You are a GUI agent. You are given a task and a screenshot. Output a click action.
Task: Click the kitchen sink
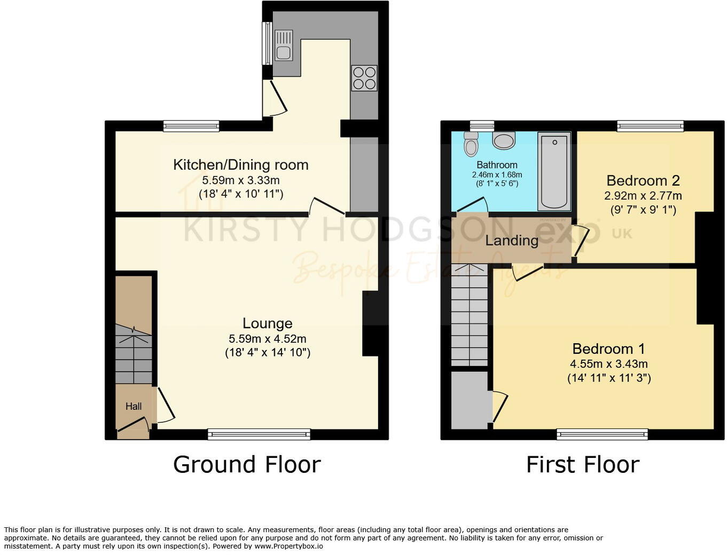[284, 45]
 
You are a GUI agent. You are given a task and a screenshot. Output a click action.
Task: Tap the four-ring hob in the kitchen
[364, 78]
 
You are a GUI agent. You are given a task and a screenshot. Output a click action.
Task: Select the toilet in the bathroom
[471, 144]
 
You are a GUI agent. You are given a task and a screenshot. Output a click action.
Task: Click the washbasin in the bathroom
[504, 140]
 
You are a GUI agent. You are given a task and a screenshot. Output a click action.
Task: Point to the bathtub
[554, 171]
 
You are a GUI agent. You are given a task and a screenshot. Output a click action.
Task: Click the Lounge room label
[267, 323]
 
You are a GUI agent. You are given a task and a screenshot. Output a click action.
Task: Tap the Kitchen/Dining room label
[240, 165]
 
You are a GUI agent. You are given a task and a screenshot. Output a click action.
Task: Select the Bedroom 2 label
[643, 180]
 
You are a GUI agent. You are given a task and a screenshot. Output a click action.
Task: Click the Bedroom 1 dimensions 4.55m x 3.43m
[609, 364]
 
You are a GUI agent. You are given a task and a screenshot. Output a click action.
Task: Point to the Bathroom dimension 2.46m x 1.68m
[497, 175]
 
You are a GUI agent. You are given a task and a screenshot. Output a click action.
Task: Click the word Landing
[511, 241]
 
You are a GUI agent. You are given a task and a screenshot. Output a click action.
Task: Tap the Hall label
[134, 407]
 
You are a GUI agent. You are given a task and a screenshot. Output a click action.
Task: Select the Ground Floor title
[247, 464]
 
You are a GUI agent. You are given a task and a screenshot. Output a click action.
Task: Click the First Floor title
[582, 464]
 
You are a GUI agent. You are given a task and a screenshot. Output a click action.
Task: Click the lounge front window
[259, 434]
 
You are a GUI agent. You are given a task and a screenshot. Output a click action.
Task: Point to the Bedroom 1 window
[602, 434]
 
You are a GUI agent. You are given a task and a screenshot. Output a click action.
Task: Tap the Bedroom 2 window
[650, 126]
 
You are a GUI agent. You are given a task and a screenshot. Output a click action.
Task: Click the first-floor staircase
[469, 315]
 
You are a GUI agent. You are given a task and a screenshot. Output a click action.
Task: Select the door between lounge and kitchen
[326, 207]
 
